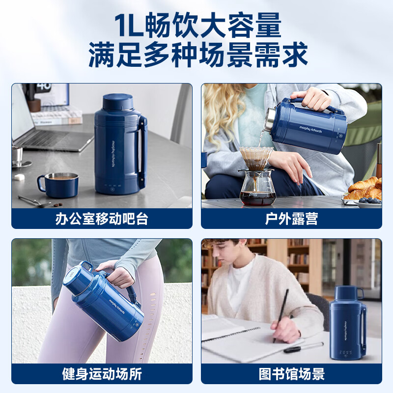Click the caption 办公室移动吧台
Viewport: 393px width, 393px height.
pos(102,219)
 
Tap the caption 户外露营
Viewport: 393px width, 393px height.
pos(291,219)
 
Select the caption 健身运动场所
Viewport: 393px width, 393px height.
pos(102,374)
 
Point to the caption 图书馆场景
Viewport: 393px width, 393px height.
pos(291,374)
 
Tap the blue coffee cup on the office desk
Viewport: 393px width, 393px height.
pos(59,184)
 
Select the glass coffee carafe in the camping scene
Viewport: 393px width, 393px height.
pos(257,189)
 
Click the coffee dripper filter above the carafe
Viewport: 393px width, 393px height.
pos(256,158)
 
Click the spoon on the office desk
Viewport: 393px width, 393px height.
pos(34,201)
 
